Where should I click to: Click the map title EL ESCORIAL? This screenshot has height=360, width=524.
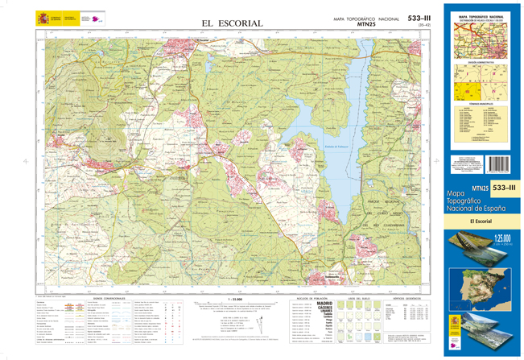(232, 23)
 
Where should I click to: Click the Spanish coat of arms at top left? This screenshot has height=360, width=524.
(42, 18)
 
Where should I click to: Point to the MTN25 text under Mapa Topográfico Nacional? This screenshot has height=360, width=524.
(369, 24)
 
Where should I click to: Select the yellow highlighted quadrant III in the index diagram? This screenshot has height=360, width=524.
(466, 92)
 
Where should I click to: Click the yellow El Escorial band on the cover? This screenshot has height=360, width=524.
(481, 221)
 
